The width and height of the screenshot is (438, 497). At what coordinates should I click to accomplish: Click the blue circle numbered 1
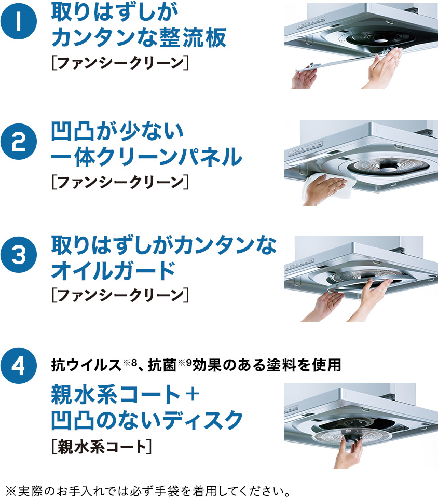click(19, 21)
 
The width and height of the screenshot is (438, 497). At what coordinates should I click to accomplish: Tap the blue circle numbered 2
click(19, 142)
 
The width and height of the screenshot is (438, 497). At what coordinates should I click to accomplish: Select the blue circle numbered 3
click(19, 255)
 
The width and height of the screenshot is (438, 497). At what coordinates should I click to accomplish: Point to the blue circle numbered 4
click(19, 365)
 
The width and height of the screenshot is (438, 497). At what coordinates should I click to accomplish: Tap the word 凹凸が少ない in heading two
click(117, 131)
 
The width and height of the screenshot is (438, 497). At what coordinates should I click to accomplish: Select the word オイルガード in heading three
click(114, 270)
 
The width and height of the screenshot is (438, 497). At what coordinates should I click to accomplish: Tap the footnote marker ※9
click(185, 362)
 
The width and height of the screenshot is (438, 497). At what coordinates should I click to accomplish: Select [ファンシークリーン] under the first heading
click(120, 62)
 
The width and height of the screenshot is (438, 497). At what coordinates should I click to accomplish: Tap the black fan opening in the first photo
click(380, 39)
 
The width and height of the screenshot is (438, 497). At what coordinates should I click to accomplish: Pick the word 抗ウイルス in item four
click(86, 365)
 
